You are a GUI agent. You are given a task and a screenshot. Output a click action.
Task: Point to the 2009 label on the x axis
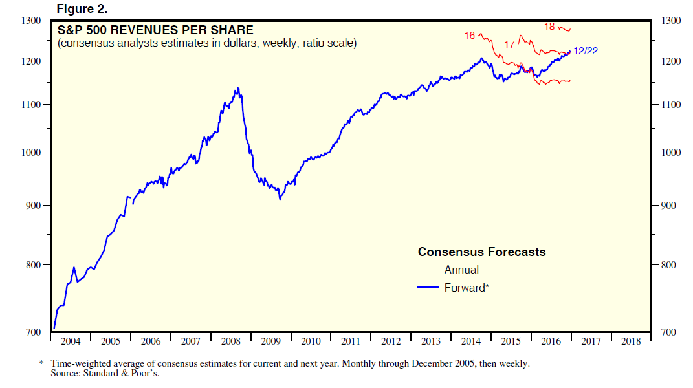(x=270, y=341)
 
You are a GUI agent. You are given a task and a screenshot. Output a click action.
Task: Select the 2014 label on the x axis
(x=470, y=341)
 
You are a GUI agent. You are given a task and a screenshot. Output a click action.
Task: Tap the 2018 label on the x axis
(x=630, y=341)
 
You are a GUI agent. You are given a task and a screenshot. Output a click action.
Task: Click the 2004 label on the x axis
(x=70, y=341)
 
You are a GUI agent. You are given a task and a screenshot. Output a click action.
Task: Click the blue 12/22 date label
(x=586, y=51)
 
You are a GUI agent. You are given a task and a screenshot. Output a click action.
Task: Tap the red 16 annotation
(x=470, y=35)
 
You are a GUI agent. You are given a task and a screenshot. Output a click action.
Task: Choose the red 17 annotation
(x=509, y=45)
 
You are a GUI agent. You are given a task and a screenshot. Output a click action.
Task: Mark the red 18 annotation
(x=550, y=27)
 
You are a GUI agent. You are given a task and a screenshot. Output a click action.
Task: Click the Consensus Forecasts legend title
(x=481, y=252)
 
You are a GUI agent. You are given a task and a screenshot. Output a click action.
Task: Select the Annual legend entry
(x=461, y=270)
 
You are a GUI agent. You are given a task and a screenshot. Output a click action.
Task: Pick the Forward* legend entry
(x=466, y=288)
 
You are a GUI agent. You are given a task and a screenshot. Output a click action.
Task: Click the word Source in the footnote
(x=65, y=374)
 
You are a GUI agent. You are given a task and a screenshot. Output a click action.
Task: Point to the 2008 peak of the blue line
(x=238, y=89)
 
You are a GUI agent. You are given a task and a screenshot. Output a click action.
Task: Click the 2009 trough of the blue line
(x=280, y=199)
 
